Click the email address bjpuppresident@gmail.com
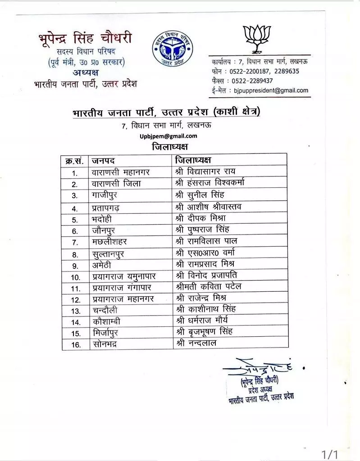pos(271,90)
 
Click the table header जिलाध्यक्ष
pos(194,160)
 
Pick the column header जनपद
pos(104,161)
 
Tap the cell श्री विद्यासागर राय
pos(205,172)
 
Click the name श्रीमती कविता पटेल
pos(210,287)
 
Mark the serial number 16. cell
pos(75,345)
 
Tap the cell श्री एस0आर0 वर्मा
pos(206,253)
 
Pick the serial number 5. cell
pos(75,220)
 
